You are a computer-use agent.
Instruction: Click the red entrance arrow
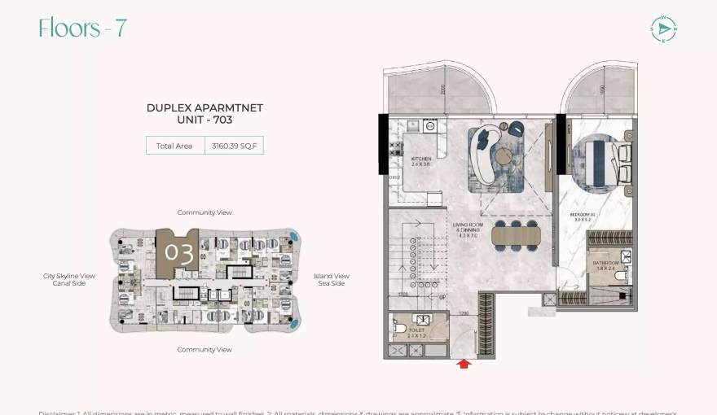[x=464, y=364]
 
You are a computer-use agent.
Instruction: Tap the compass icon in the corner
[x=664, y=28]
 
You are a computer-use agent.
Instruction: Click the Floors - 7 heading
[x=82, y=28]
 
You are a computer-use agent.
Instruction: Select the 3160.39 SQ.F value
[x=234, y=146]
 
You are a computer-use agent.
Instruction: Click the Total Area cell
[x=174, y=146]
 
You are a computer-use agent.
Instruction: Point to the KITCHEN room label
[x=421, y=161]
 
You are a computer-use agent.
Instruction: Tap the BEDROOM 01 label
[x=583, y=216]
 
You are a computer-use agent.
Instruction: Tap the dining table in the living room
[x=515, y=235]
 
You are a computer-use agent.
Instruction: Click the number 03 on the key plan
[x=178, y=252]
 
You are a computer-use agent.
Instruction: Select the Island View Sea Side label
[x=332, y=280]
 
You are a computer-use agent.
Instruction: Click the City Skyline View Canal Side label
[x=69, y=280]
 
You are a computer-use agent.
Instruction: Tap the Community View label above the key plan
[x=205, y=212]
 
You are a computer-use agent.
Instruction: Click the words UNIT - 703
[x=205, y=120]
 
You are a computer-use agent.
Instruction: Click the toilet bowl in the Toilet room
[x=399, y=329]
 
